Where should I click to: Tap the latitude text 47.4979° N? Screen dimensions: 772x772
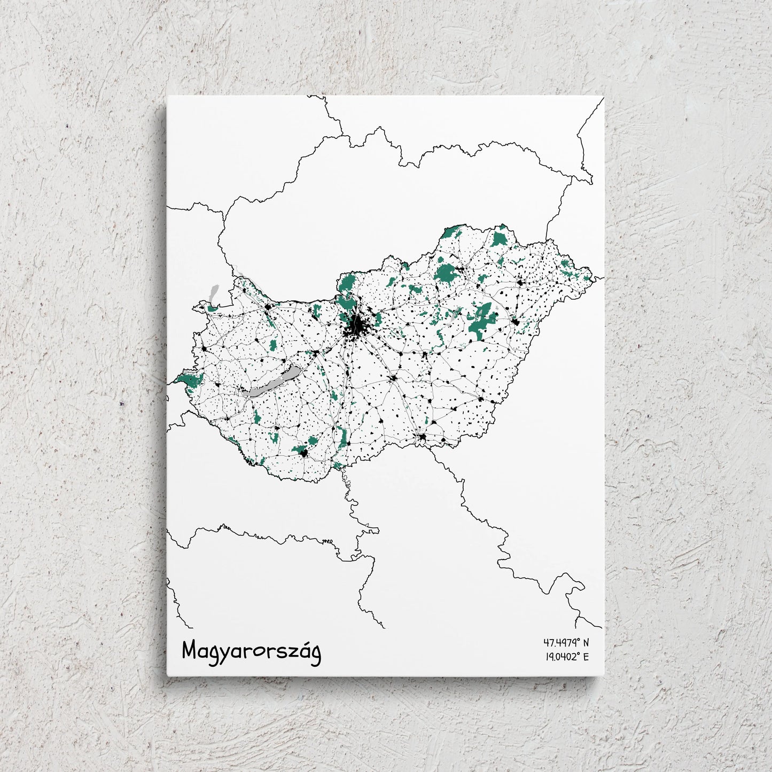tap(566, 643)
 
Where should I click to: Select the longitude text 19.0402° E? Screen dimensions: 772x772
tap(566, 657)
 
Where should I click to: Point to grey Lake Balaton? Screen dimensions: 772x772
tap(270, 383)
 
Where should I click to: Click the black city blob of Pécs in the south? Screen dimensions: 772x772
tap(305, 454)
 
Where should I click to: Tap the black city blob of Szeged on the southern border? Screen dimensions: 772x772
tap(423, 438)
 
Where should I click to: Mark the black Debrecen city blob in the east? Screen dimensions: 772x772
tap(516, 322)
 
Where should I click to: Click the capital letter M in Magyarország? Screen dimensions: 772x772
tap(190, 651)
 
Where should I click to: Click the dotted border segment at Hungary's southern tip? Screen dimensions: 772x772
tap(346, 481)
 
